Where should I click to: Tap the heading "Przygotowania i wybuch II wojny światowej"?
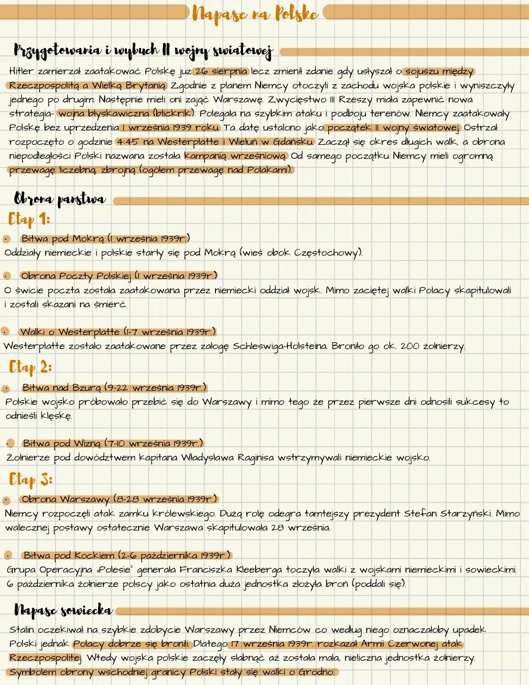tap(143, 50)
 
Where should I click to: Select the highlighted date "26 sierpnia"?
tap(221, 72)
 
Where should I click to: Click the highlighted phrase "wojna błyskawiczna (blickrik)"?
tap(126, 114)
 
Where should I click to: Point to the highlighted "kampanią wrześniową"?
tap(236, 156)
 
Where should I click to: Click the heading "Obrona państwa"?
tap(59, 199)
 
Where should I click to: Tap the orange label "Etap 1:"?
tap(29, 219)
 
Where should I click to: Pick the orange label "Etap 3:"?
tap(30, 479)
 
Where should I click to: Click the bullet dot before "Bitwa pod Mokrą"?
tap(6, 239)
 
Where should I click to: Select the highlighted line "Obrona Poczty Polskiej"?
tap(118, 276)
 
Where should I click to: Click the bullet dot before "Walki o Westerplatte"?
tap(5, 332)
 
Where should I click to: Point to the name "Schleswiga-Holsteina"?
tap(280, 346)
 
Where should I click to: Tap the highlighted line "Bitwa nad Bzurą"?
tap(114, 388)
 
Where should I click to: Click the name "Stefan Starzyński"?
tap(448, 513)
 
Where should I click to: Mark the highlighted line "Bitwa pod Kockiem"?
tap(126, 556)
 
